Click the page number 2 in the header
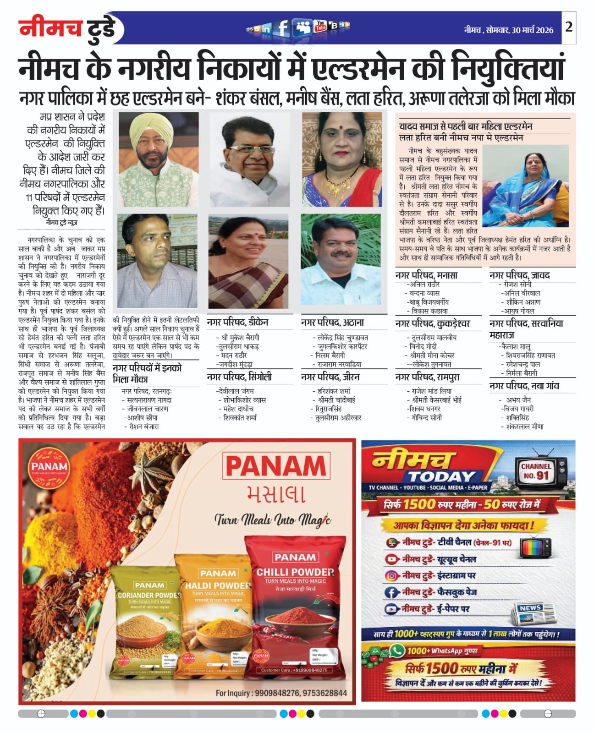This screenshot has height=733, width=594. [568, 27]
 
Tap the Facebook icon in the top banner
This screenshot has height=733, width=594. [283, 28]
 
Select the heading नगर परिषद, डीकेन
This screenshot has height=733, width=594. [237, 323]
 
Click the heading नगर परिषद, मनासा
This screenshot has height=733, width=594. [426, 275]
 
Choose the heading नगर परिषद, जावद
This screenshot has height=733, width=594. [519, 275]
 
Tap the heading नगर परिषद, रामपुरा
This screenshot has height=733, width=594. [427, 377]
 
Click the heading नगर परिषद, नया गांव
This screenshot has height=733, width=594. [524, 386]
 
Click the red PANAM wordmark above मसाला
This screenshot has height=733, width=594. [276, 466]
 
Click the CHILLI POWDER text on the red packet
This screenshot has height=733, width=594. [295, 572]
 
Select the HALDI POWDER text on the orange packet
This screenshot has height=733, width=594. [218, 585]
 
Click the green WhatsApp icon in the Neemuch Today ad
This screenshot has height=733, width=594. [397, 651]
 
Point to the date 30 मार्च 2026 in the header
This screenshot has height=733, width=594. [533, 30]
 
